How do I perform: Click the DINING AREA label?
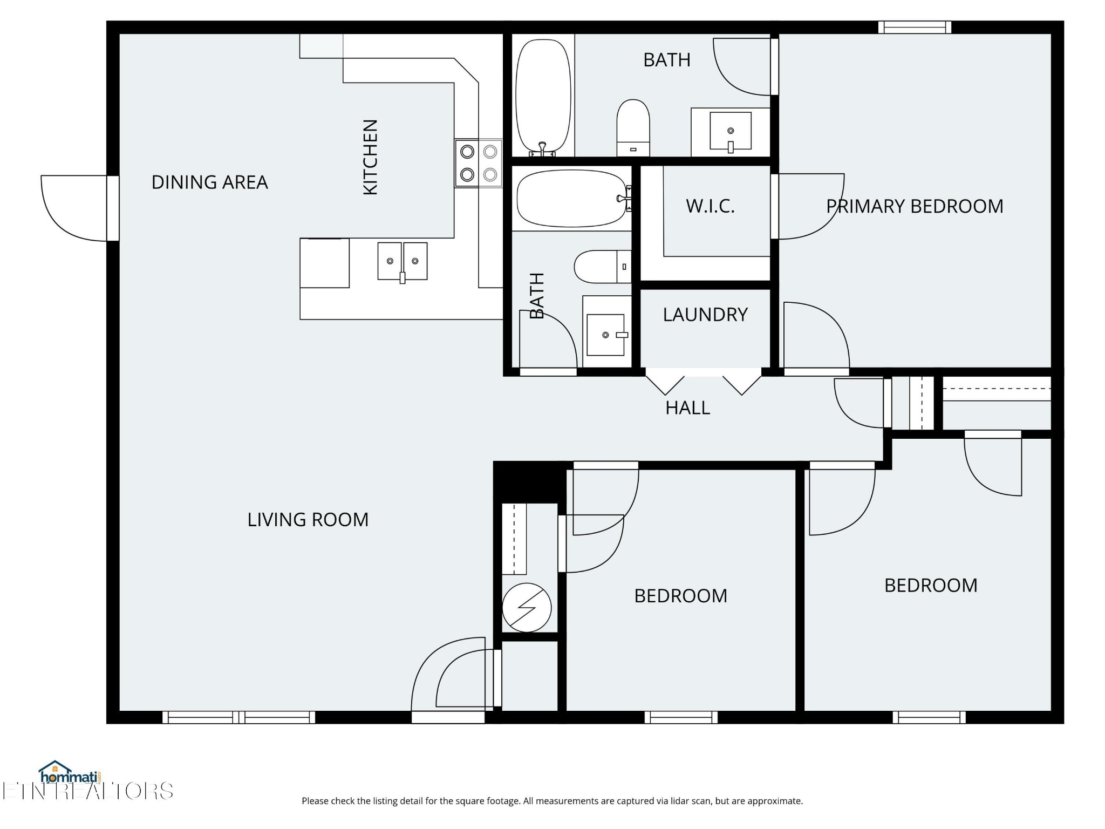[209, 182]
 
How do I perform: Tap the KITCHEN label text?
[370, 157]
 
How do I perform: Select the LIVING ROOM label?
[308, 520]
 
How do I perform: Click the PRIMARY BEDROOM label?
[915, 206]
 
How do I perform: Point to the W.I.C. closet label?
[710, 206]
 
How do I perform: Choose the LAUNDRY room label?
[705, 315]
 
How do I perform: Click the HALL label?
[687, 408]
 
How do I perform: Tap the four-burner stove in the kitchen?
[479, 163]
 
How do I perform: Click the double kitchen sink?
[403, 262]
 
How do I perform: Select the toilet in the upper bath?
[633, 128]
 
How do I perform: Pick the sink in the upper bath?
[731, 131]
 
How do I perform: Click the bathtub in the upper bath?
[543, 98]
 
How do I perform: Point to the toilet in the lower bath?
[603, 267]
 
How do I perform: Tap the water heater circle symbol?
[527, 608]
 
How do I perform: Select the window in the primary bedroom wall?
[915, 27]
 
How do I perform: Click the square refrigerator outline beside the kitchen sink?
[325, 263]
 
